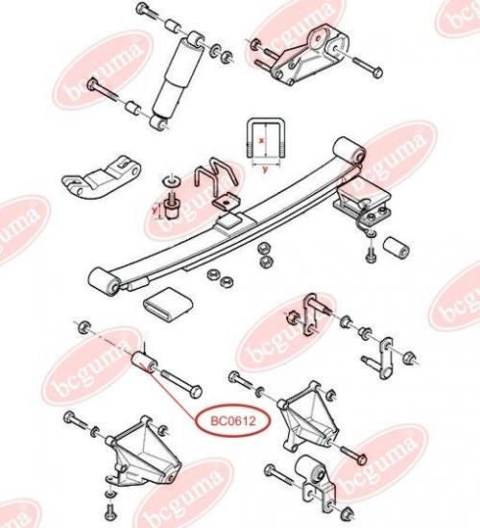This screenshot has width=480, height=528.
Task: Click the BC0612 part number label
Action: (x=233, y=420)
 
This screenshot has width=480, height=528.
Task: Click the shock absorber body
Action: (x=177, y=80)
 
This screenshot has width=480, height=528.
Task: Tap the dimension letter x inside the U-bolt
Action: (x=261, y=141)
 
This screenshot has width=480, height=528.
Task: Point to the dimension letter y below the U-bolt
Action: (x=265, y=170)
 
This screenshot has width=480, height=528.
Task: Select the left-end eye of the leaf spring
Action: (x=104, y=282)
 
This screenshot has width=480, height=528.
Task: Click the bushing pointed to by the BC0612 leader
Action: (x=143, y=363)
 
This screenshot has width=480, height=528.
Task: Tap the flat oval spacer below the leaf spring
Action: (x=169, y=300)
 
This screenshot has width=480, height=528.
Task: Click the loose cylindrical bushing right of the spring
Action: (x=396, y=250)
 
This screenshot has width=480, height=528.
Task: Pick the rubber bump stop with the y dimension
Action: (x=173, y=207)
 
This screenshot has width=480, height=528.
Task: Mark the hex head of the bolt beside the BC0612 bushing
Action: (x=195, y=392)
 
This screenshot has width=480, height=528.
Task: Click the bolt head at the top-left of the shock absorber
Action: (x=142, y=8)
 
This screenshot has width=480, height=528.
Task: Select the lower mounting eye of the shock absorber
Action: (x=158, y=122)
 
